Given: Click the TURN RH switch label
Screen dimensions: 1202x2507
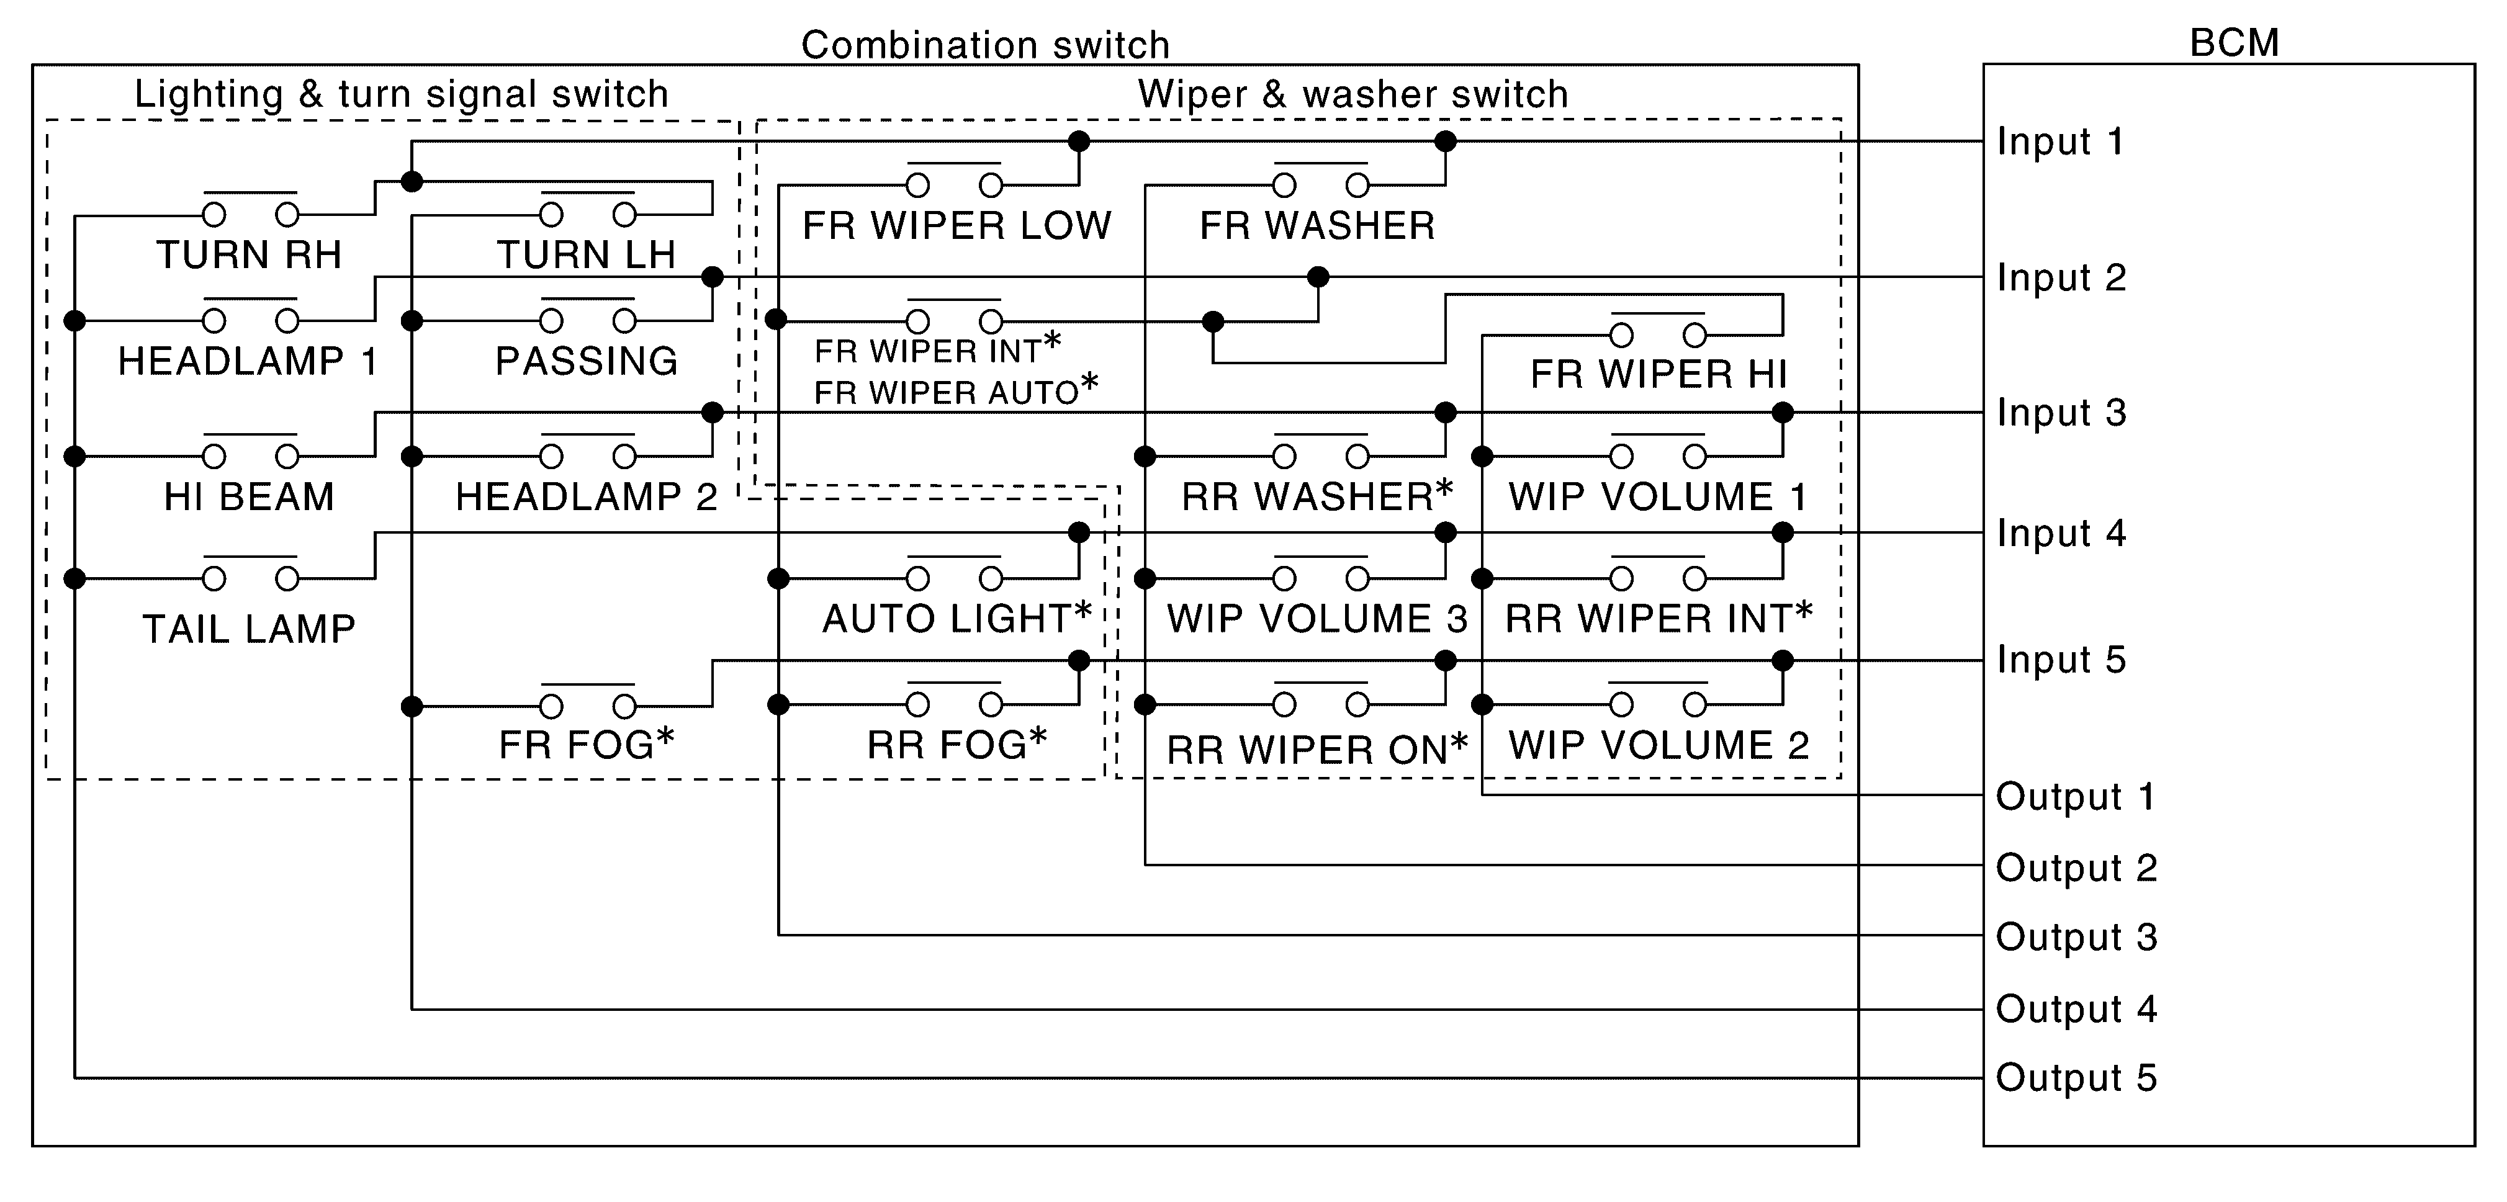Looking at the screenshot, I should (x=249, y=255).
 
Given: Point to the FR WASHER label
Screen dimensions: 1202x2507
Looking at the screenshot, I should (x=1317, y=226).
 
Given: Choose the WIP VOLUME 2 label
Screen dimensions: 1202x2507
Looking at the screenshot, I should (x=1659, y=745).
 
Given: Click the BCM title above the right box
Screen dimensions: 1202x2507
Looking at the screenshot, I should (x=2233, y=43).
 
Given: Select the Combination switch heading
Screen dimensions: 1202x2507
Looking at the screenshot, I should (x=985, y=45).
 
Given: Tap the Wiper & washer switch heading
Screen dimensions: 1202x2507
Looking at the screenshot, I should (x=1353, y=94).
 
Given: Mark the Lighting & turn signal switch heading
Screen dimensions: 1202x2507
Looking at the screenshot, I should (x=401, y=94).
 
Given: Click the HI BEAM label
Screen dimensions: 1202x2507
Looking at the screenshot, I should (x=249, y=497).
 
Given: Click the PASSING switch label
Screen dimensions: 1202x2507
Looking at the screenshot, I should (x=586, y=361).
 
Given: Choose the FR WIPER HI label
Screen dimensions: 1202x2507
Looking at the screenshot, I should (x=1659, y=374).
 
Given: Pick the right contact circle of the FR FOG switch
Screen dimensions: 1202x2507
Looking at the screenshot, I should (x=625, y=706).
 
